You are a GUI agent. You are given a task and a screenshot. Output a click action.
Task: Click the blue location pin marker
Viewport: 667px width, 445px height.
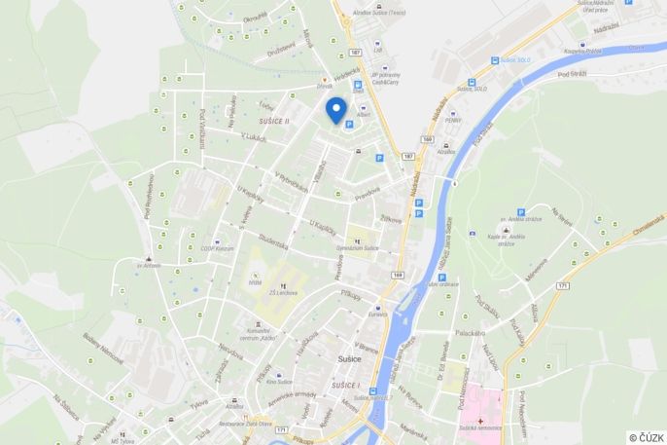(336, 109)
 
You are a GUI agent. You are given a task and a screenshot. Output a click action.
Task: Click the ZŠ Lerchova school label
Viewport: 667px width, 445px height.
(283, 292)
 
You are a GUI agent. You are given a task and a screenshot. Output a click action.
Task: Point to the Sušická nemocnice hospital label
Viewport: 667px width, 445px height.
(481, 427)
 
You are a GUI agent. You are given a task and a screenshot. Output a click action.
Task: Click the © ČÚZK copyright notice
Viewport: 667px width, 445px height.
(646, 437)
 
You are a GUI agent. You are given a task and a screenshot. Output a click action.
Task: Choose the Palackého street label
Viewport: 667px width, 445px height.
(470, 333)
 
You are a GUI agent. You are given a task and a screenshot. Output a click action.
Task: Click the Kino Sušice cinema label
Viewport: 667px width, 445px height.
(278, 382)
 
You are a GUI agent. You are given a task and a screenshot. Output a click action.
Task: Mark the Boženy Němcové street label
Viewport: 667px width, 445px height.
(103, 349)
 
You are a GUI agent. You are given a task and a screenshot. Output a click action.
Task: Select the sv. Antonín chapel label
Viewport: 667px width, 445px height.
(148, 264)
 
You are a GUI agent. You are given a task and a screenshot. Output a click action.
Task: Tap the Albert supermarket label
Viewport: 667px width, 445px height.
(364, 115)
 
